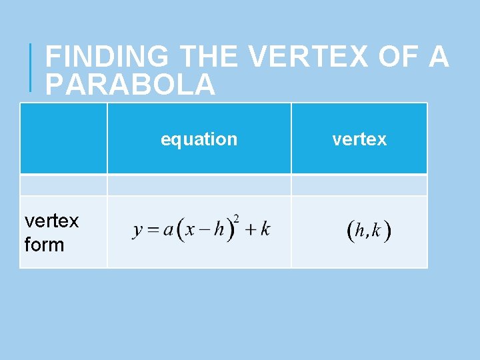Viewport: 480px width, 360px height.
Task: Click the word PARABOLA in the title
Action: pos(130,85)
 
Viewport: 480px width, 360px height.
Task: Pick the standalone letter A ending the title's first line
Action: pos(439,57)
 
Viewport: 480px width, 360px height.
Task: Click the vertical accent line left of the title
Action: pos(31,67)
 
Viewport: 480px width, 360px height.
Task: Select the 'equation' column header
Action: pos(199,139)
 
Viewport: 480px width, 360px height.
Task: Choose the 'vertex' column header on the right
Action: pos(359,139)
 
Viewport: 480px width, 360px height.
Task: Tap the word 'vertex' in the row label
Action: pos(51,221)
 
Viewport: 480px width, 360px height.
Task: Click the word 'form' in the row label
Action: pos(44,245)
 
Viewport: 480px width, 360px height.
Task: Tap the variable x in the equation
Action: pos(190,230)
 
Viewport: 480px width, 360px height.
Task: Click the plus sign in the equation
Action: pos(249,230)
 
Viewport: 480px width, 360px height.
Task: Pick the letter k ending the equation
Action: pos(265,229)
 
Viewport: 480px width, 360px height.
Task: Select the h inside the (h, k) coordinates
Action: pos(360,231)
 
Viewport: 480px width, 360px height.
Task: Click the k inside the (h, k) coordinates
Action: pos(377,231)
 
